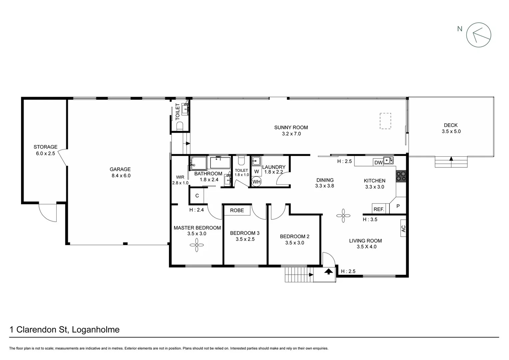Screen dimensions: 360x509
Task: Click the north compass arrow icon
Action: (478, 35)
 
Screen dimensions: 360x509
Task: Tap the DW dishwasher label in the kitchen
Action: (378, 163)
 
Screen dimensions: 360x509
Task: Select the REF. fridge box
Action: (379, 209)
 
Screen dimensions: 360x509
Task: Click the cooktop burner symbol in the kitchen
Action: (401, 176)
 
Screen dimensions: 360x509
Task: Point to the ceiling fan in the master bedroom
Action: (197, 246)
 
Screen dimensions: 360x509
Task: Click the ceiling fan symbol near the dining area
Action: (343, 216)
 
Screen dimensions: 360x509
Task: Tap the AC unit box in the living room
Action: (403, 229)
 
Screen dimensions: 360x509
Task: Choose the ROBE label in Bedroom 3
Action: (237, 210)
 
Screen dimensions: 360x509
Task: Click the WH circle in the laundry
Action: (256, 182)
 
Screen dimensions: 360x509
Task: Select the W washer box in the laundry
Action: (256, 172)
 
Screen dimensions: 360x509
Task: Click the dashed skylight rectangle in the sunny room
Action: (385, 121)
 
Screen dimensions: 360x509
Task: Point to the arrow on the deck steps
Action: (451, 159)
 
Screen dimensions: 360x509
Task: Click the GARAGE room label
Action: (120, 169)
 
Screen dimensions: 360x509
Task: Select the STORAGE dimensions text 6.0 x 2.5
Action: (46, 154)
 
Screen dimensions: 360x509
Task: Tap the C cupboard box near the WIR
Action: (197, 196)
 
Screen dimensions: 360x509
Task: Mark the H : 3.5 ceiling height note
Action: (370, 219)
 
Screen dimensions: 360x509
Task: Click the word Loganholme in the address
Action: (96, 330)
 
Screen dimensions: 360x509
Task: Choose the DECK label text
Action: (451, 125)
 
